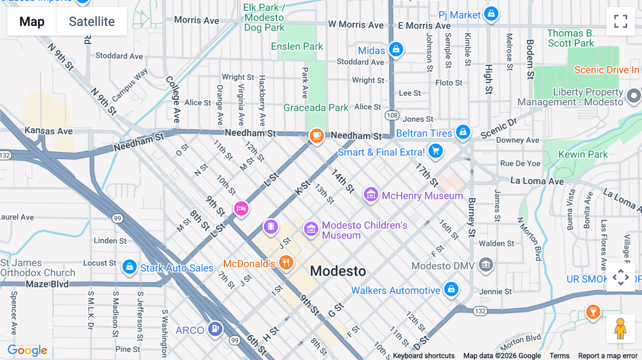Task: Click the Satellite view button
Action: [92, 21]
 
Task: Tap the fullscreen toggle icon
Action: [621, 21]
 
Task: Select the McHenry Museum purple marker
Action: [371, 195]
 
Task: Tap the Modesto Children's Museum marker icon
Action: [311, 229]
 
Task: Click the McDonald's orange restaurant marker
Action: [286, 263]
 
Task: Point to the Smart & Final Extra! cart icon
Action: [435, 151]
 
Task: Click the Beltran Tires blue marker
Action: [463, 132]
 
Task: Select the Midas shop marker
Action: [396, 49]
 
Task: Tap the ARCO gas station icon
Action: [215, 328]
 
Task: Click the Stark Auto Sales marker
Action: [129, 267]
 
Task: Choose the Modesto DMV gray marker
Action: [485, 264]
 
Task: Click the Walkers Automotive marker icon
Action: [451, 289]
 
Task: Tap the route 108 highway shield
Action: [392, 115]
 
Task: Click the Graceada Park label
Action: [316, 108]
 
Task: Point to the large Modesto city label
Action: [338, 271]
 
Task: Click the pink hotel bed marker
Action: [241, 208]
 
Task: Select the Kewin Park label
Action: [583, 154]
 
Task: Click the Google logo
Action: [27, 350]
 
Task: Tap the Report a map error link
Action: [607, 356]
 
